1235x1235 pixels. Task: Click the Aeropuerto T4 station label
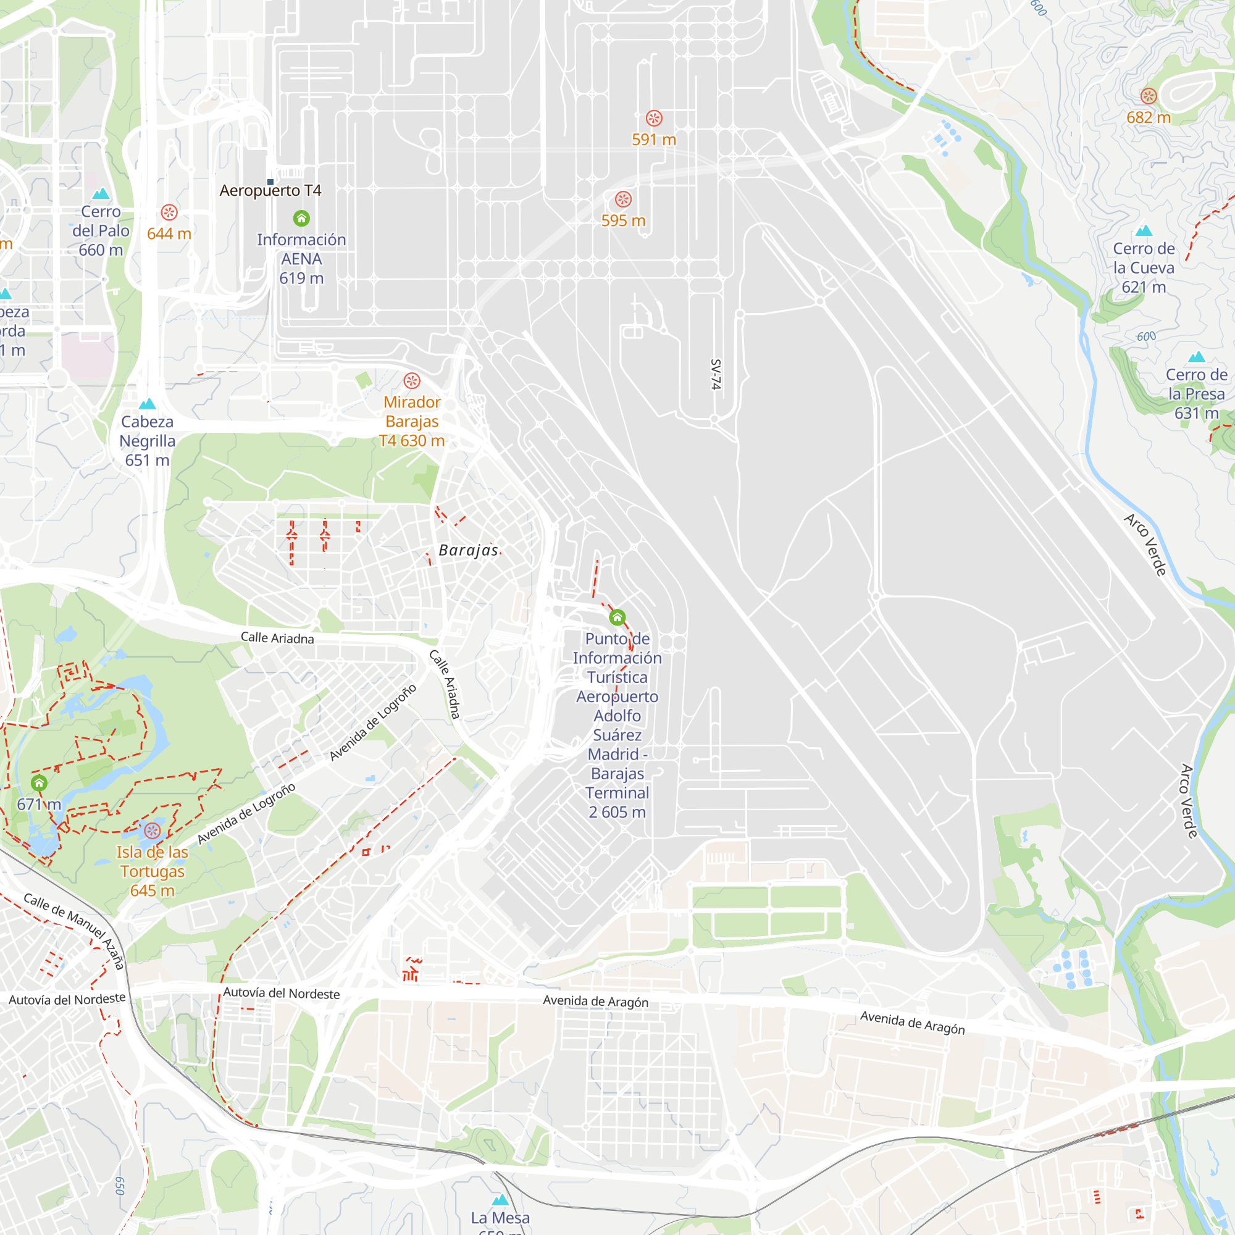(270, 190)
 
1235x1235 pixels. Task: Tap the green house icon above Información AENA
(302, 219)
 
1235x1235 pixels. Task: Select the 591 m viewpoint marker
(653, 119)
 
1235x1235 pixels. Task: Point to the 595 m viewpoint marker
(623, 199)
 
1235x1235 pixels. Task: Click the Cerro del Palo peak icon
(101, 194)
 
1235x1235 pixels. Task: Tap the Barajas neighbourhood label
(469, 550)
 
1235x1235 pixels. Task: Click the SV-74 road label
(716, 375)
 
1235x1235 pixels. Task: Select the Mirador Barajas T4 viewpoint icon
(412, 381)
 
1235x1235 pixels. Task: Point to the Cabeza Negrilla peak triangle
(148, 403)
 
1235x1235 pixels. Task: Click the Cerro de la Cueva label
(1144, 267)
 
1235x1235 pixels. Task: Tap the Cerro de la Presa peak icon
(1197, 357)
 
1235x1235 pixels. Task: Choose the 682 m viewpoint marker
(1149, 96)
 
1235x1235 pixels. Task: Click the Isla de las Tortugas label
(152, 871)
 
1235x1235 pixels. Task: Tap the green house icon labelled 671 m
(39, 783)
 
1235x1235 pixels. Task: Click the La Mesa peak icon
(501, 1200)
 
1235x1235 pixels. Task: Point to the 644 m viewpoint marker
(169, 212)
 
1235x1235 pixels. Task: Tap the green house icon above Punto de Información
(617, 617)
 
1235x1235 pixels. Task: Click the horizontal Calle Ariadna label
(277, 638)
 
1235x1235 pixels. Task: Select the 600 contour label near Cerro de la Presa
(1146, 337)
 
